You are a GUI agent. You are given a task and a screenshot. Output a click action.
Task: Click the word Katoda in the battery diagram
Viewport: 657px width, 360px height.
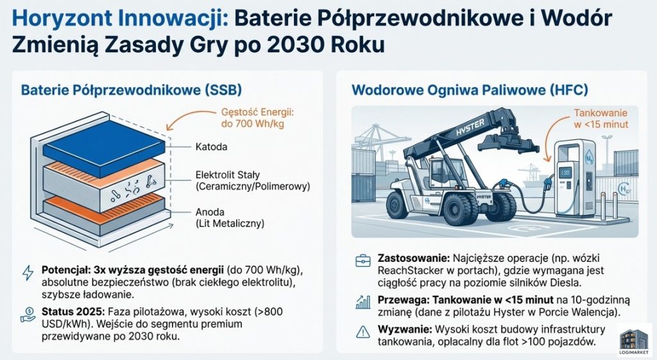tap(211, 147)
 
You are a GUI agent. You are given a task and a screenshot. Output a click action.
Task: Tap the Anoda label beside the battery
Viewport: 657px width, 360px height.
tap(210, 212)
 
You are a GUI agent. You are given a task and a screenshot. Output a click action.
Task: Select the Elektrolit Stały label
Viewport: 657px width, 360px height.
tap(228, 175)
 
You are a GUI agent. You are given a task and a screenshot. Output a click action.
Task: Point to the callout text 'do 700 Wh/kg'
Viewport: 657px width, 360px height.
tap(252, 124)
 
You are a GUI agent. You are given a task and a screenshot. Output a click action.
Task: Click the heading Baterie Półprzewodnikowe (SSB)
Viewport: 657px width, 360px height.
tap(131, 90)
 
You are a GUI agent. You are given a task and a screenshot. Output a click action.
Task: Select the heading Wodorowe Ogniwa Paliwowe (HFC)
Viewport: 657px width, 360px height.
tap(470, 90)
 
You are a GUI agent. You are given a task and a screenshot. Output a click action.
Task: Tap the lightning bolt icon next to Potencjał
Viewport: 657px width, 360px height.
tap(28, 273)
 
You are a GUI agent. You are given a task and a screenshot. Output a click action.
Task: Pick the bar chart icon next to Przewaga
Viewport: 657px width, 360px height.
tap(363, 302)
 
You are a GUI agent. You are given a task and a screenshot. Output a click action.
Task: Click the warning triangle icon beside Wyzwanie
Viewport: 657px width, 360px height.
tap(363, 332)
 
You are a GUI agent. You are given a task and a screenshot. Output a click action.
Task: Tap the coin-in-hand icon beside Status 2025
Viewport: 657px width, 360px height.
tap(28, 314)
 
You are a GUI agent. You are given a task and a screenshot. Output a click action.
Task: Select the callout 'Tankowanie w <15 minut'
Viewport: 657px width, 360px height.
tap(601, 119)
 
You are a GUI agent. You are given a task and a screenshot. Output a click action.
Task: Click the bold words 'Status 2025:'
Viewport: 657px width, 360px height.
tap(73, 312)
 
